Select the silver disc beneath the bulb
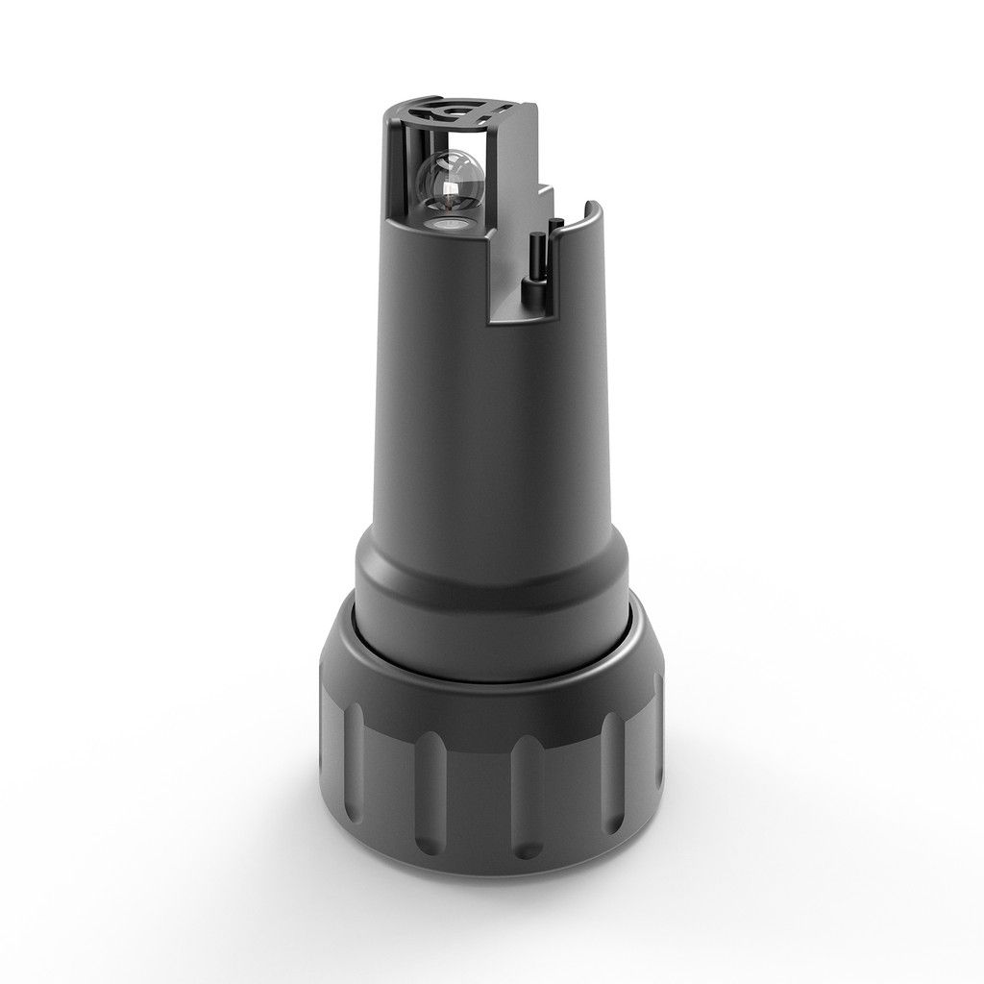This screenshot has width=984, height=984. tap(450, 223)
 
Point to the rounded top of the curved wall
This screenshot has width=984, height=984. tap(594, 205)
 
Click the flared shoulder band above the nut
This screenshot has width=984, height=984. tap(490, 586)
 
